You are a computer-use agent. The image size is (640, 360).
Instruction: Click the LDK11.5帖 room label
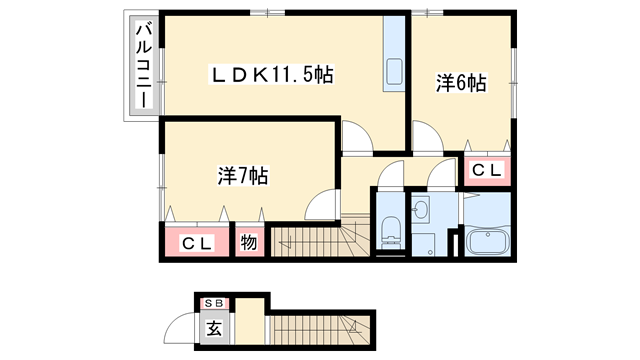271,74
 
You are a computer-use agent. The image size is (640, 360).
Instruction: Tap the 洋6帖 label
461,84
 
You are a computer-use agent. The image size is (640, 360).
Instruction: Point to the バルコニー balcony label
142,68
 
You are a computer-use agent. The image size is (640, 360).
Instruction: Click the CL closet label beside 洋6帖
487,171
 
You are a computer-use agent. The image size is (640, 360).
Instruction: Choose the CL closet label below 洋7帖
197,243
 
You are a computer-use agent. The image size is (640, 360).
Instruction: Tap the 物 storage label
249,243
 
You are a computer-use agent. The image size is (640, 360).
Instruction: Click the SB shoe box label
214,303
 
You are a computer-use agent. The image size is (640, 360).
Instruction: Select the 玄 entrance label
214,326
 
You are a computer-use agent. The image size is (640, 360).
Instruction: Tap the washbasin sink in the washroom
422,210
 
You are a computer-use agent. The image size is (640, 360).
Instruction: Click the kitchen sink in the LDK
393,72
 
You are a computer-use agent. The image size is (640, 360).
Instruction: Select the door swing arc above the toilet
388,176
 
